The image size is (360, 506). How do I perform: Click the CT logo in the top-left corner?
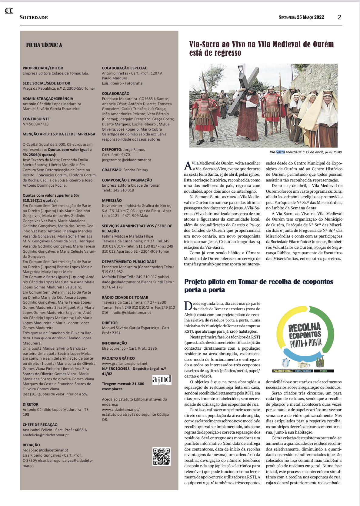pyautogui.click(x=9, y=11)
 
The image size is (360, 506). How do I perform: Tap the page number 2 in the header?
pyautogui.click(x=339, y=17)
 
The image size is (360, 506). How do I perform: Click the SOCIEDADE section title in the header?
pyautogui.click(x=34, y=18)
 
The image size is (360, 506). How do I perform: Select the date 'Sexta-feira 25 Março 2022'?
pyautogui.click(x=302, y=17)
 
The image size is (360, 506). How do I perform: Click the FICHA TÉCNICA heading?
pyautogui.click(x=44, y=45)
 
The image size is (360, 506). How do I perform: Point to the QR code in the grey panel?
pyautogui.click(x=161, y=456)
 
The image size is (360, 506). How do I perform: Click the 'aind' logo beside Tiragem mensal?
pyautogui.click(x=162, y=380)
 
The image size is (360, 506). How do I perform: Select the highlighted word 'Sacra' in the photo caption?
pyautogui.click(x=281, y=152)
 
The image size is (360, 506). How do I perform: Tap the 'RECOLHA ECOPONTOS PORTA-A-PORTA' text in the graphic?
pyautogui.click(x=305, y=335)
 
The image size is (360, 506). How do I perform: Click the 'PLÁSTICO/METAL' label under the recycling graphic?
pyautogui.click(x=282, y=371)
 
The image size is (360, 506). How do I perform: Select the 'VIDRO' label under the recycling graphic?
pyautogui.click(x=324, y=371)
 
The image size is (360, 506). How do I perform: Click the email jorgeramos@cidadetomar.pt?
pyautogui.click(x=126, y=160)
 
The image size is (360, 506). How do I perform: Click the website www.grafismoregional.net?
pyautogui.click(x=125, y=364)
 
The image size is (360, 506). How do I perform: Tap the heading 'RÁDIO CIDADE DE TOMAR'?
pyautogui.click(x=125, y=298)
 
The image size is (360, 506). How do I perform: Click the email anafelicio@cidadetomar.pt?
pyautogui.click(x=46, y=435)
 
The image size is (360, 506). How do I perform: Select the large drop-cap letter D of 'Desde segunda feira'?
pyautogui.click(x=188, y=306)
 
